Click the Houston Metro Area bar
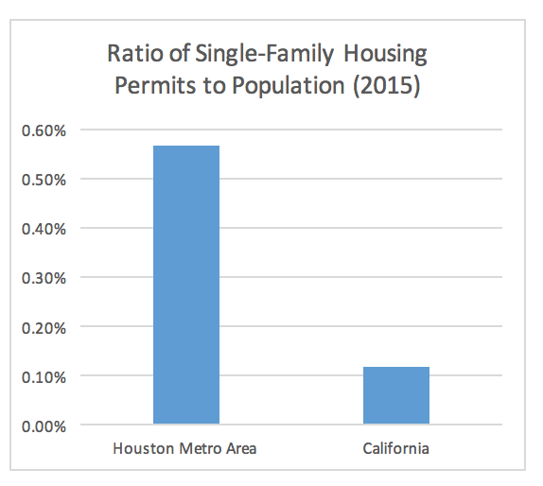pyautogui.click(x=186, y=285)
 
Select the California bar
pyautogui.click(x=396, y=395)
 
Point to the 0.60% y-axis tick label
pyautogui.click(x=44, y=130)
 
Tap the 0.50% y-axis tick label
pyautogui.click(x=44, y=180)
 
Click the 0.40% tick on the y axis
pyautogui.click(x=44, y=229)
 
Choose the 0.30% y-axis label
pyautogui.click(x=44, y=278)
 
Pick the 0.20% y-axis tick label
pyautogui.click(x=44, y=328)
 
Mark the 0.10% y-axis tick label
pyautogui.click(x=44, y=377)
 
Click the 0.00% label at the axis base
pyautogui.click(x=44, y=426)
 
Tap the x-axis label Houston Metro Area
pyautogui.click(x=184, y=448)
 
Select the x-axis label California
pyautogui.click(x=395, y=448)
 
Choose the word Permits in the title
pyautogui.click(x=155, y=85)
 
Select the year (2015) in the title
pyautogui.click(x=387, y=86)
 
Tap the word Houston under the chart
pyautogui.click(x=144, y=448)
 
